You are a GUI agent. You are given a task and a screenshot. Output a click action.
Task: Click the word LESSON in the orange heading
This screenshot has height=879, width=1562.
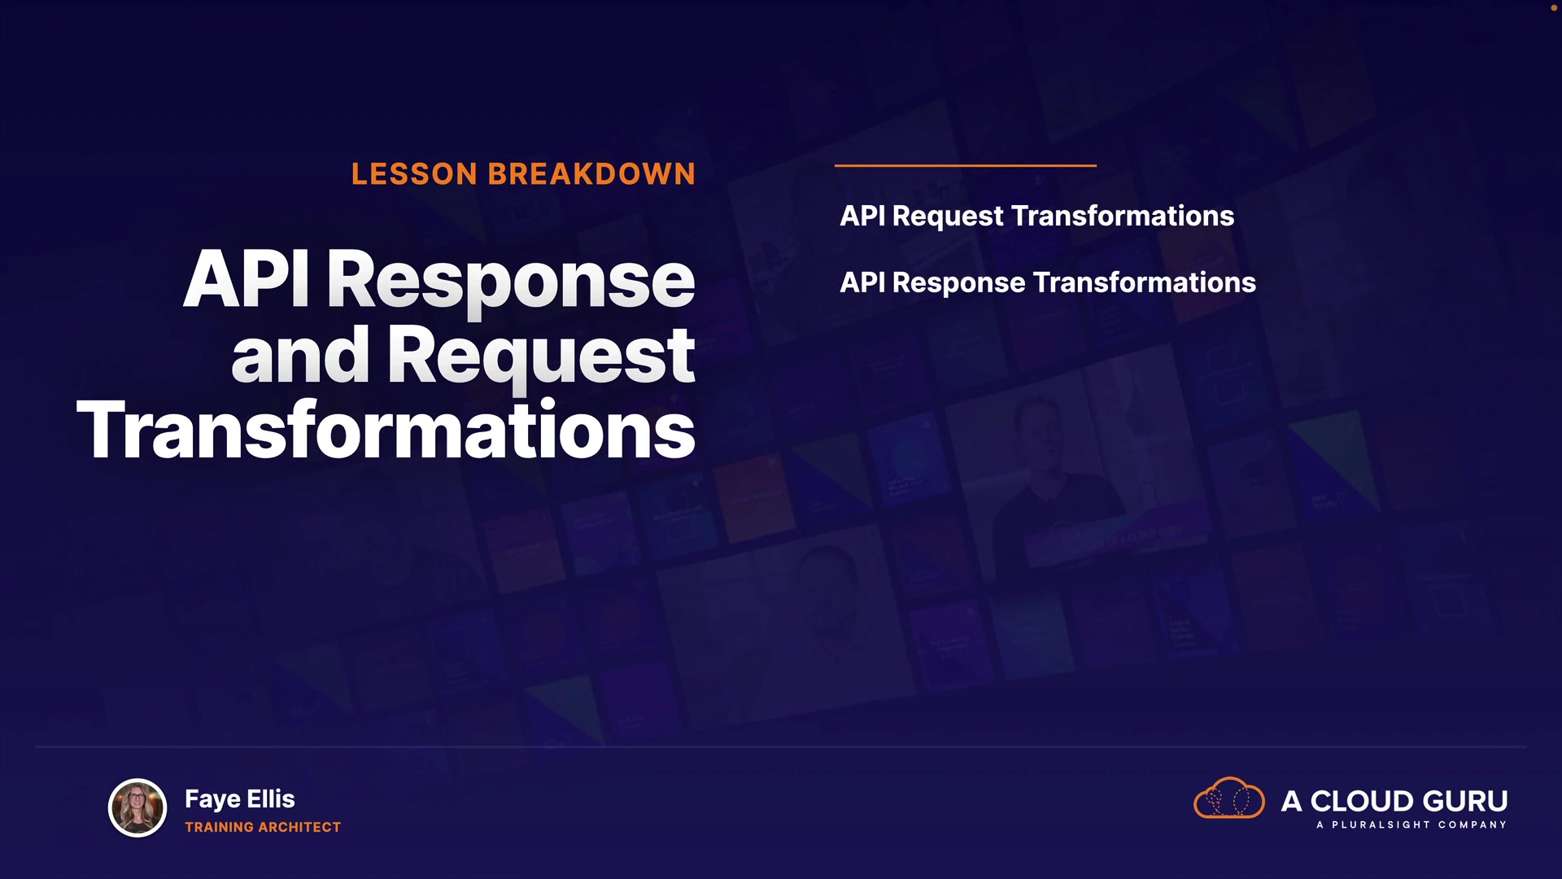[x=414, y=174]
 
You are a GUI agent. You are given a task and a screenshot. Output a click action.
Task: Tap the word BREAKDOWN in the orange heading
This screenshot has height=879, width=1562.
[x=591, y=174]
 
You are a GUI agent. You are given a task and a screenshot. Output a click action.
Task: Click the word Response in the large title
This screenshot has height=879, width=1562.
[x=512, y=285]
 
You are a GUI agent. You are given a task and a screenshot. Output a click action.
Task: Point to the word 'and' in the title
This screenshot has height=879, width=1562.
[x=300, y=355]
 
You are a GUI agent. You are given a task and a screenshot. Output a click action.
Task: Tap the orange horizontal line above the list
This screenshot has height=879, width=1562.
[x=966, y=165]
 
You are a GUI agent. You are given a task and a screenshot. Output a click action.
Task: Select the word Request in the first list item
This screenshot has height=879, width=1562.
[x=949, y=216]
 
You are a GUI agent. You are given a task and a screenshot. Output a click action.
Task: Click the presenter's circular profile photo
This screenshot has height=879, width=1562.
[x=137, y=808]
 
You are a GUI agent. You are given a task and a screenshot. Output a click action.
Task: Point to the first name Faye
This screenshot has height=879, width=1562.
[x=212, y=800]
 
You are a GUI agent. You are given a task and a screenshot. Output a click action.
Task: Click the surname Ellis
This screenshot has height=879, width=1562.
[x=271, y=799]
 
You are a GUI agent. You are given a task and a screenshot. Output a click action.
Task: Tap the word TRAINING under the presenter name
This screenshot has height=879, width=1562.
[x=220, y=827]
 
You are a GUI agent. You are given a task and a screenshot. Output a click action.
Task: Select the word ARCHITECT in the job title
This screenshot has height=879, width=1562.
[x=300, y=827]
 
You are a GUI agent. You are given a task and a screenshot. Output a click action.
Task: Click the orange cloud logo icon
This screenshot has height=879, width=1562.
[x=1228, y=798]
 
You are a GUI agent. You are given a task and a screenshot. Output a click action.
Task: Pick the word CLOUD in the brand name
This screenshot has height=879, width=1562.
[x=1362, y=802]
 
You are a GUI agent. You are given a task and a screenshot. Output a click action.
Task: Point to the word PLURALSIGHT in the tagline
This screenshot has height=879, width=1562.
[x=1381, y=825]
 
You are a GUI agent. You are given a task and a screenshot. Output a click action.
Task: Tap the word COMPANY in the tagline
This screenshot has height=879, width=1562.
[x=1473, y=825]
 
